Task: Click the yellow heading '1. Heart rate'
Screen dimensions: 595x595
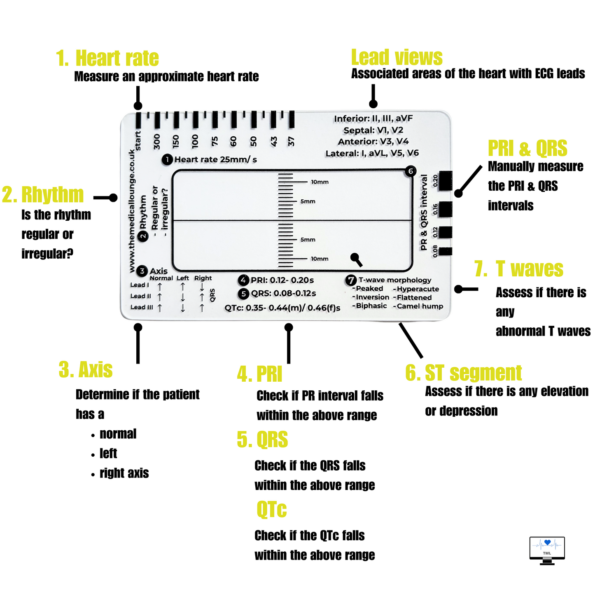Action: pyautogui.click(x=107, y=58)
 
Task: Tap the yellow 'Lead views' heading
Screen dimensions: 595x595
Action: pyautogui.click(x=397, y=57)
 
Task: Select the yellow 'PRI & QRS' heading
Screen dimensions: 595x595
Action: pyautogui.click(x=527, y=148)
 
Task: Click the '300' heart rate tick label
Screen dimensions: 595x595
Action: pyautogui.click(x=156, y=141)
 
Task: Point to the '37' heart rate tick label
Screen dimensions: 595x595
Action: pyautogui.click(x=291, y=141)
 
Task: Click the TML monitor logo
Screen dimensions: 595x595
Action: pyautogui.click(x=547, y=550)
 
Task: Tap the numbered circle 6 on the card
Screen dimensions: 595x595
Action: pyautogui.click(x=411, y=171)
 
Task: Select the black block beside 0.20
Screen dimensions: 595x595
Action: pyautogui.click(x=445, y=181)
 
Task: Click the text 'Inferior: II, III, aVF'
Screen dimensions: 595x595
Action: pyautogui.click(x=373, y=119)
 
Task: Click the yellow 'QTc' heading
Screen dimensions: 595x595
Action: pyautogui.click(x=271, y=509)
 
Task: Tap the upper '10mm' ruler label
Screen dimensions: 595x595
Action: pyautogui.click(x=320, y=182)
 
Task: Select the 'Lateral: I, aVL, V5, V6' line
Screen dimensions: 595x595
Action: pyautogui.click(x=372, y=153)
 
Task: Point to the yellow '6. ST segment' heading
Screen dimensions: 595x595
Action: pyautogui.click(x=463, y=373)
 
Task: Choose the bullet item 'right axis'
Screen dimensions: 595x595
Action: pyautogui.click(x=124, y=473)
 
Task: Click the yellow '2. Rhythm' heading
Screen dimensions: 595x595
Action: pyautogui.click(x=43, y=195)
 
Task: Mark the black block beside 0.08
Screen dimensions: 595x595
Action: pyautogui.click(x=445, y=251)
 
